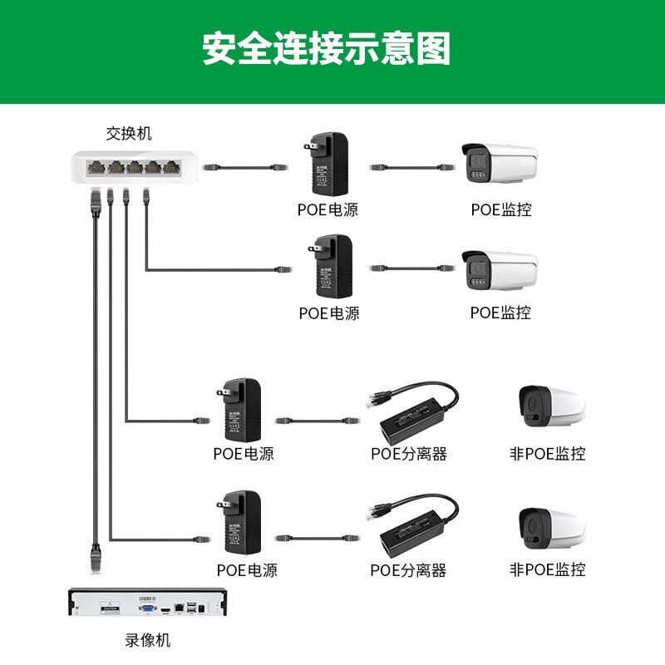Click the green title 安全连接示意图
(327, 49)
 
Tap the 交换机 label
(129, 133)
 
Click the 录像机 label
(147, 640)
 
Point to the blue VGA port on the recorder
(147, 608)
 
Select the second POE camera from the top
(499, 272)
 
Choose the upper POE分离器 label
(409, 454)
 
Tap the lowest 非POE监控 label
(547, 570)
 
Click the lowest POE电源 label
(247, 570)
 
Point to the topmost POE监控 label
(500, 209)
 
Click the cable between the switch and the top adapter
(245, 167)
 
